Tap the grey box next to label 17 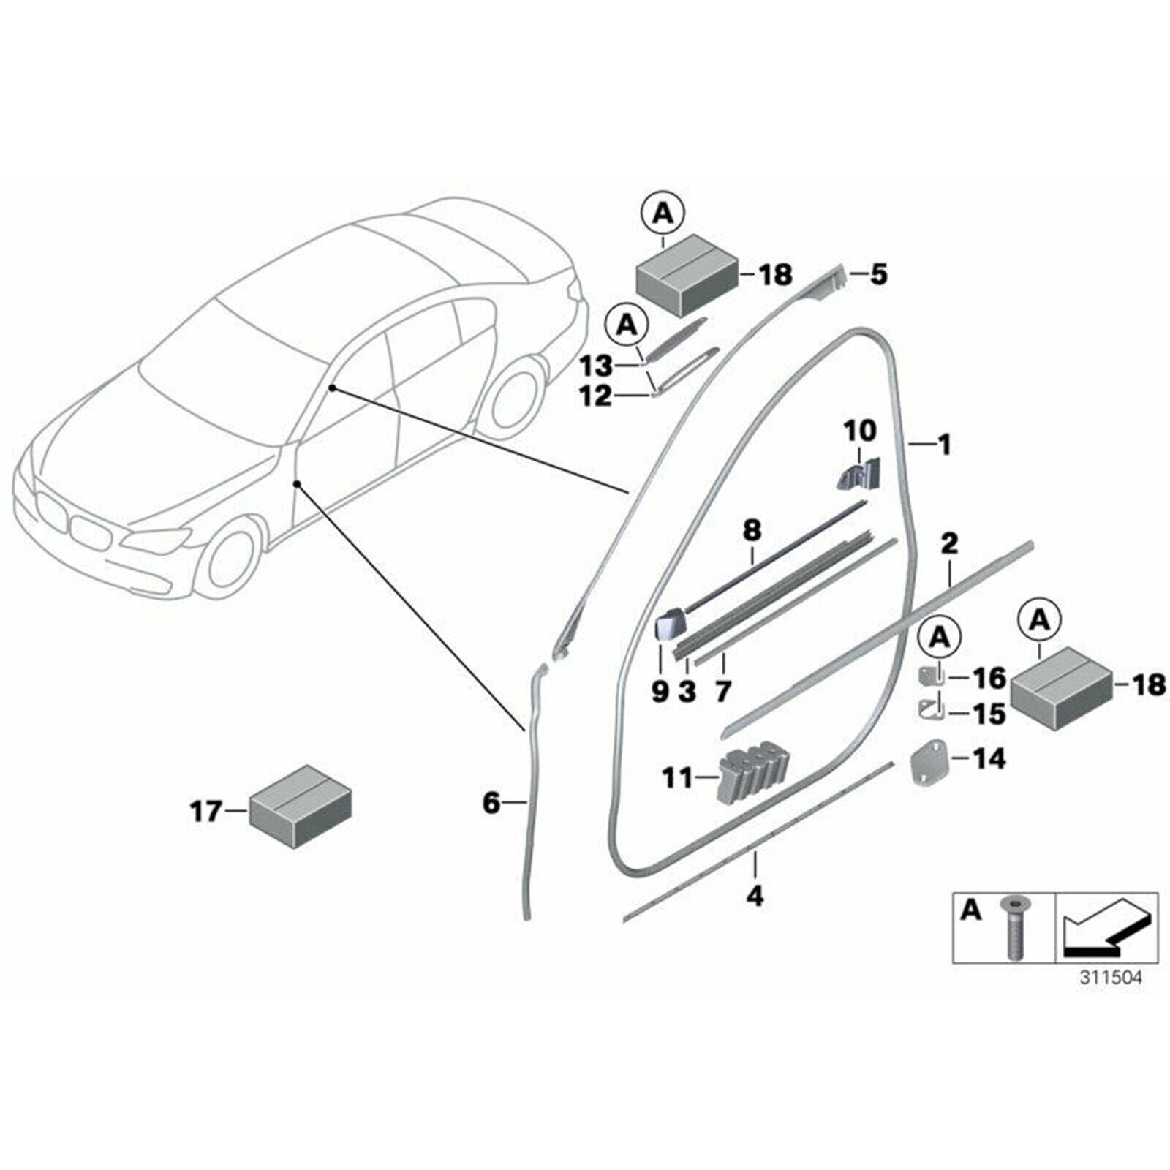click(300, 807)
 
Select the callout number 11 click(677, 778)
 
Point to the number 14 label click(989, 758)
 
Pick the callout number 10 click(860, 431)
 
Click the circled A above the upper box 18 click(663, 214)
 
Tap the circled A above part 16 click(941, 638)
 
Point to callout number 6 click(491, 803)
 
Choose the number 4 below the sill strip click(755, 894)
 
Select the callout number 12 click(595, 396)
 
